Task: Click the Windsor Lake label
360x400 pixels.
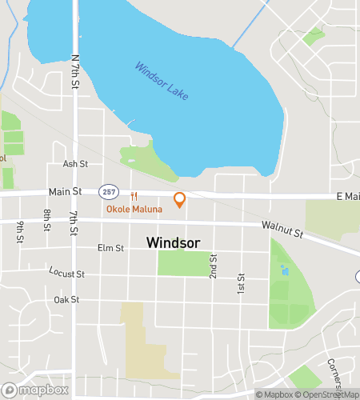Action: pyautogui.click(x=162, y=81)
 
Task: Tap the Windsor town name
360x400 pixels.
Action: pyautogui.click(x=174, y=242)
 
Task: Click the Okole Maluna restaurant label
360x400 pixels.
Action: pyautogui.click(x=134, y=210)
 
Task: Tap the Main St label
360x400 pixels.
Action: pyautogui.click(x=66, y=192)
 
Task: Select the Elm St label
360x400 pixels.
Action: pyautogui.click(x=110, y=248)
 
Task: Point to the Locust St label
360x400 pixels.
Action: pyautogui.click(x=66, y=274)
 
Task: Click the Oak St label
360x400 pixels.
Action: pyautogui.click(x=66, y=300)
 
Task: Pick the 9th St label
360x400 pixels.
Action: pyautogui.click(x=20, y=232)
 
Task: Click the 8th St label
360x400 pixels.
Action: pyautogui.click(x=48, y=218)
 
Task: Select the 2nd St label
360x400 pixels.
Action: pyautogui.click(x=214, y=266)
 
